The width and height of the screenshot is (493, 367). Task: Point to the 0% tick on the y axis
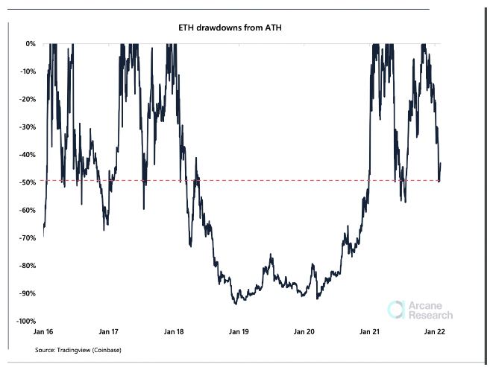point(31,44)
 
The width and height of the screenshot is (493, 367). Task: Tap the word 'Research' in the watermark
point(430,315)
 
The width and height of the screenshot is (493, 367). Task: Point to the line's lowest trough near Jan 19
point(236,304)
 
